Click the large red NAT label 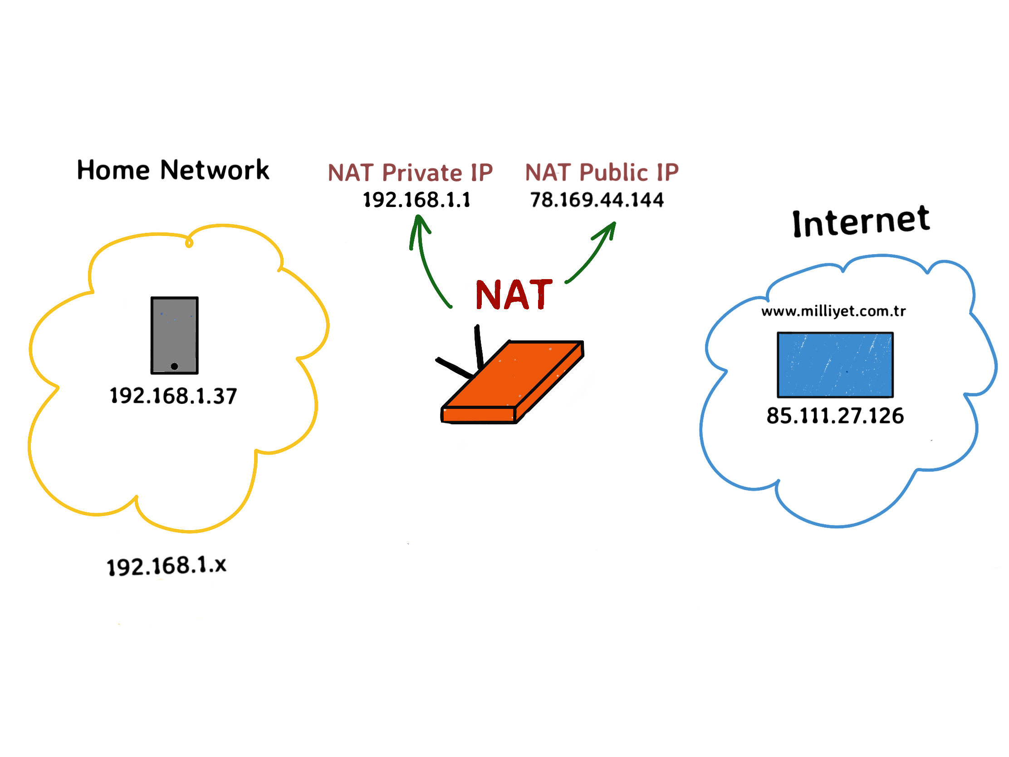coord(514,295)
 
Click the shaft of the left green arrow coord(429,274)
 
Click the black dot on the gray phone coord(174,366)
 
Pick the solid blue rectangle coord(835,365)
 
